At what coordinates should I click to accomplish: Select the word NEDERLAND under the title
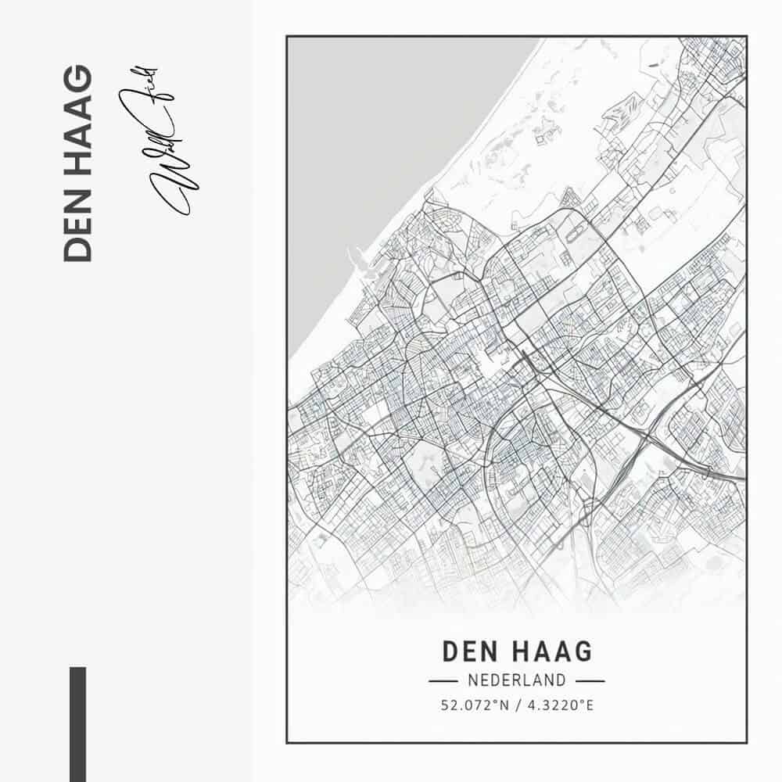click(517, 680)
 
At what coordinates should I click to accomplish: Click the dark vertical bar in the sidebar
click(77, 723)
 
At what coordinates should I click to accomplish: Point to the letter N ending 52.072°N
click(504, 705)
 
